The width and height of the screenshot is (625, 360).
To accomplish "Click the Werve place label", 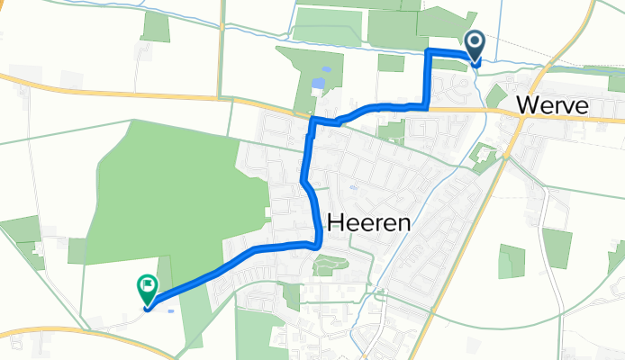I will click(x=553, y=106).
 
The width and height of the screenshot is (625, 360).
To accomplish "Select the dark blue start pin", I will click(x=475, y=46).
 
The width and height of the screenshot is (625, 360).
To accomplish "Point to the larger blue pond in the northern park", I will click(x=318, y=84).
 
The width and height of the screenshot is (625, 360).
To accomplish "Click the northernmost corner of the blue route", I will click(x=428, y=51).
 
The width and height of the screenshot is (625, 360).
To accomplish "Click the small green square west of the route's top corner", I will click(x=391, y=63).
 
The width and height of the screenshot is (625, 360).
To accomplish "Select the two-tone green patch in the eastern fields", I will click(x=512, y=261).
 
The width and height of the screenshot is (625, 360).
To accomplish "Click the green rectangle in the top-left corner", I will click(x=156, y=27).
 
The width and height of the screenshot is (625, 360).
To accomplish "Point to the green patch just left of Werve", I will click(x=496, y=94).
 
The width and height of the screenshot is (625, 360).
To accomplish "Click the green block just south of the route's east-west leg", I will click(x=392, y=130).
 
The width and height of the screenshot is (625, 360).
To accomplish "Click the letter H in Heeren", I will click(x=334, y=222).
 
